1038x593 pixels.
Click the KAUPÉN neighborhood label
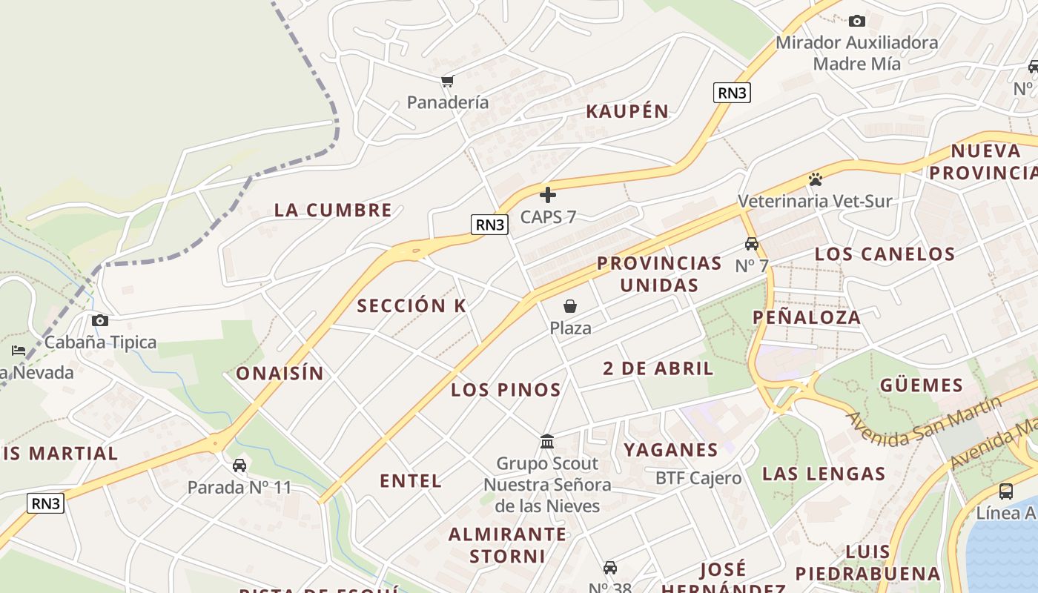(627, 112)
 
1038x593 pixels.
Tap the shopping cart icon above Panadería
(447, 81)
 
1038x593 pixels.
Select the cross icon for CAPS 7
(548, 195)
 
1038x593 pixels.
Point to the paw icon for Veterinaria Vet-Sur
(816, 179)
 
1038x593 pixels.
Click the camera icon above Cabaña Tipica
(100, 320)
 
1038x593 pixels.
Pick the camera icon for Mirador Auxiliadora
(857, 21)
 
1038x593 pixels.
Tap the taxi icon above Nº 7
(752, 244)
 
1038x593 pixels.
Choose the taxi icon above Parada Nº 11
(239, 466)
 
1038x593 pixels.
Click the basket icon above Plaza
(570, 306)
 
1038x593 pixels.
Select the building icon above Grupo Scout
(547, 442)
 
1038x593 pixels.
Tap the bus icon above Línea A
(1006, 491)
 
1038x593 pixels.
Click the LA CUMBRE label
(333, 210)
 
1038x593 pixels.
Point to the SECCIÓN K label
(411, 305)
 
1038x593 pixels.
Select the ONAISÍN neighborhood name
(280, 374)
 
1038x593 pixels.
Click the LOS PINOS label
(506, 389)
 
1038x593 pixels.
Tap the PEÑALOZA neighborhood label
(807, 317)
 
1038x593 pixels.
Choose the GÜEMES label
(921, 385)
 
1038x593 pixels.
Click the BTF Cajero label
(698, 478)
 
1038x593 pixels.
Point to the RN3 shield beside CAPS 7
(490, 225)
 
